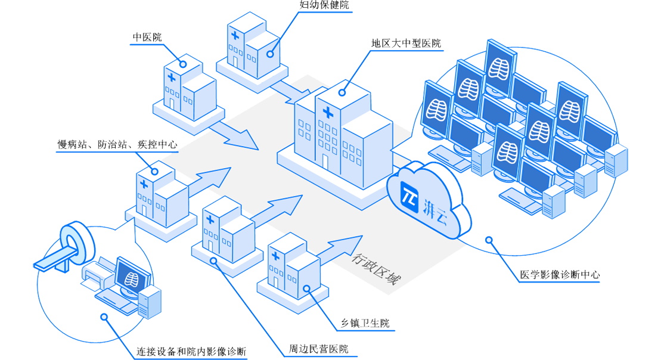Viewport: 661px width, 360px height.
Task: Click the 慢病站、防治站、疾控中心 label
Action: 116,145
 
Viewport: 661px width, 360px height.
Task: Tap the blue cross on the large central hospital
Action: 327,111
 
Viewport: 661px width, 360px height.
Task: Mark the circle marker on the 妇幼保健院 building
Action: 271,54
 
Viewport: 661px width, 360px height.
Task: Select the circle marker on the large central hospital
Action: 343,92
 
